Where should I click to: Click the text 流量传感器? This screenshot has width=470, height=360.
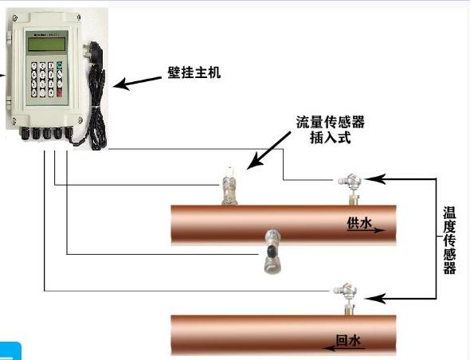point(331,122)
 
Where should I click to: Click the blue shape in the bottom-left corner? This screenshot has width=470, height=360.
point(10,351)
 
